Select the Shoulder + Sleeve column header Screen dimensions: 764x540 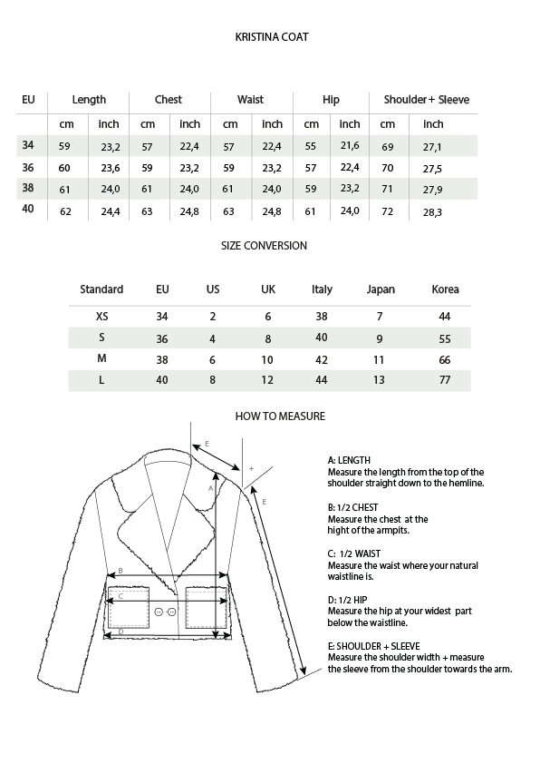pyautogui.click(x=426, y=100)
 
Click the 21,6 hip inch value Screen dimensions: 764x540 pyautogui.click(x=350, y=146)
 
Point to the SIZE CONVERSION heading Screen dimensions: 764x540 pyautogui.click(x=265, y=246)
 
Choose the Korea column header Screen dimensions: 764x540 pyautogui.click(x=446, y=289)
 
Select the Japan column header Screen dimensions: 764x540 pyautogui.click(x=381, y=289)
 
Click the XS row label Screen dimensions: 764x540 pyautogui.click(x=101, y=317)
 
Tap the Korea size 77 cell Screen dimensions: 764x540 pyautogui.click(x=444, y=380)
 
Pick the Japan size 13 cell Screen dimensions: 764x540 pyautogui.click(x=381, y=380)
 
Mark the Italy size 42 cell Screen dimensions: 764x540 pyautogui.click(x=322, y=359)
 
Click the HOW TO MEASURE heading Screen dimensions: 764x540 pyautogui.click(x=280, y=416)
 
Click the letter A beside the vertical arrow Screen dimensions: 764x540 pyautogui.click(x=210, y=487)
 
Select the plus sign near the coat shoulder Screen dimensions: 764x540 pyautogui.click(x=251, y=469)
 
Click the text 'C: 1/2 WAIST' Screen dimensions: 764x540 pyautogui.click(x=353, y=553)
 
